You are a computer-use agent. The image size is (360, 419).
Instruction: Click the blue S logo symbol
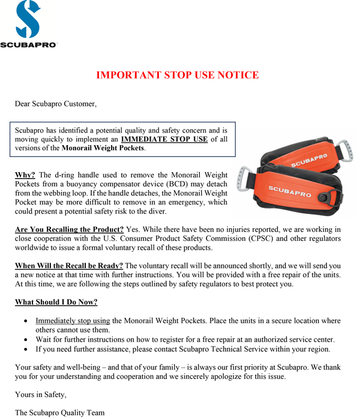pos(28,20)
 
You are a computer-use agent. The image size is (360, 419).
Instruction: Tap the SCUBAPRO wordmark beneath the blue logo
pos(28,45)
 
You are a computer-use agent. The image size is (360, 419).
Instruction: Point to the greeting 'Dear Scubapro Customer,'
pos(55,104)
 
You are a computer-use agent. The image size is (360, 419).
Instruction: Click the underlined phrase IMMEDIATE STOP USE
pos(164,139)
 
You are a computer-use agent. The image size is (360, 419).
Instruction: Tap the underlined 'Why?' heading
pos(25,175)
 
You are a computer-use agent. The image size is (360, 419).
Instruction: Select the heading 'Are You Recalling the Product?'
pos(69,230)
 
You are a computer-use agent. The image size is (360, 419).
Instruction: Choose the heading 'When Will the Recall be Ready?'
pos(69,266)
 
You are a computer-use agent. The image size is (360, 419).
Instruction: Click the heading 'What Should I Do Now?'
pos(56,302)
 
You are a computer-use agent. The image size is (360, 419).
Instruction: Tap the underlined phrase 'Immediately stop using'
pos(73,321)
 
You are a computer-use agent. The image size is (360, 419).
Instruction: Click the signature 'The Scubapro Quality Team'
pos(59,412)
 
